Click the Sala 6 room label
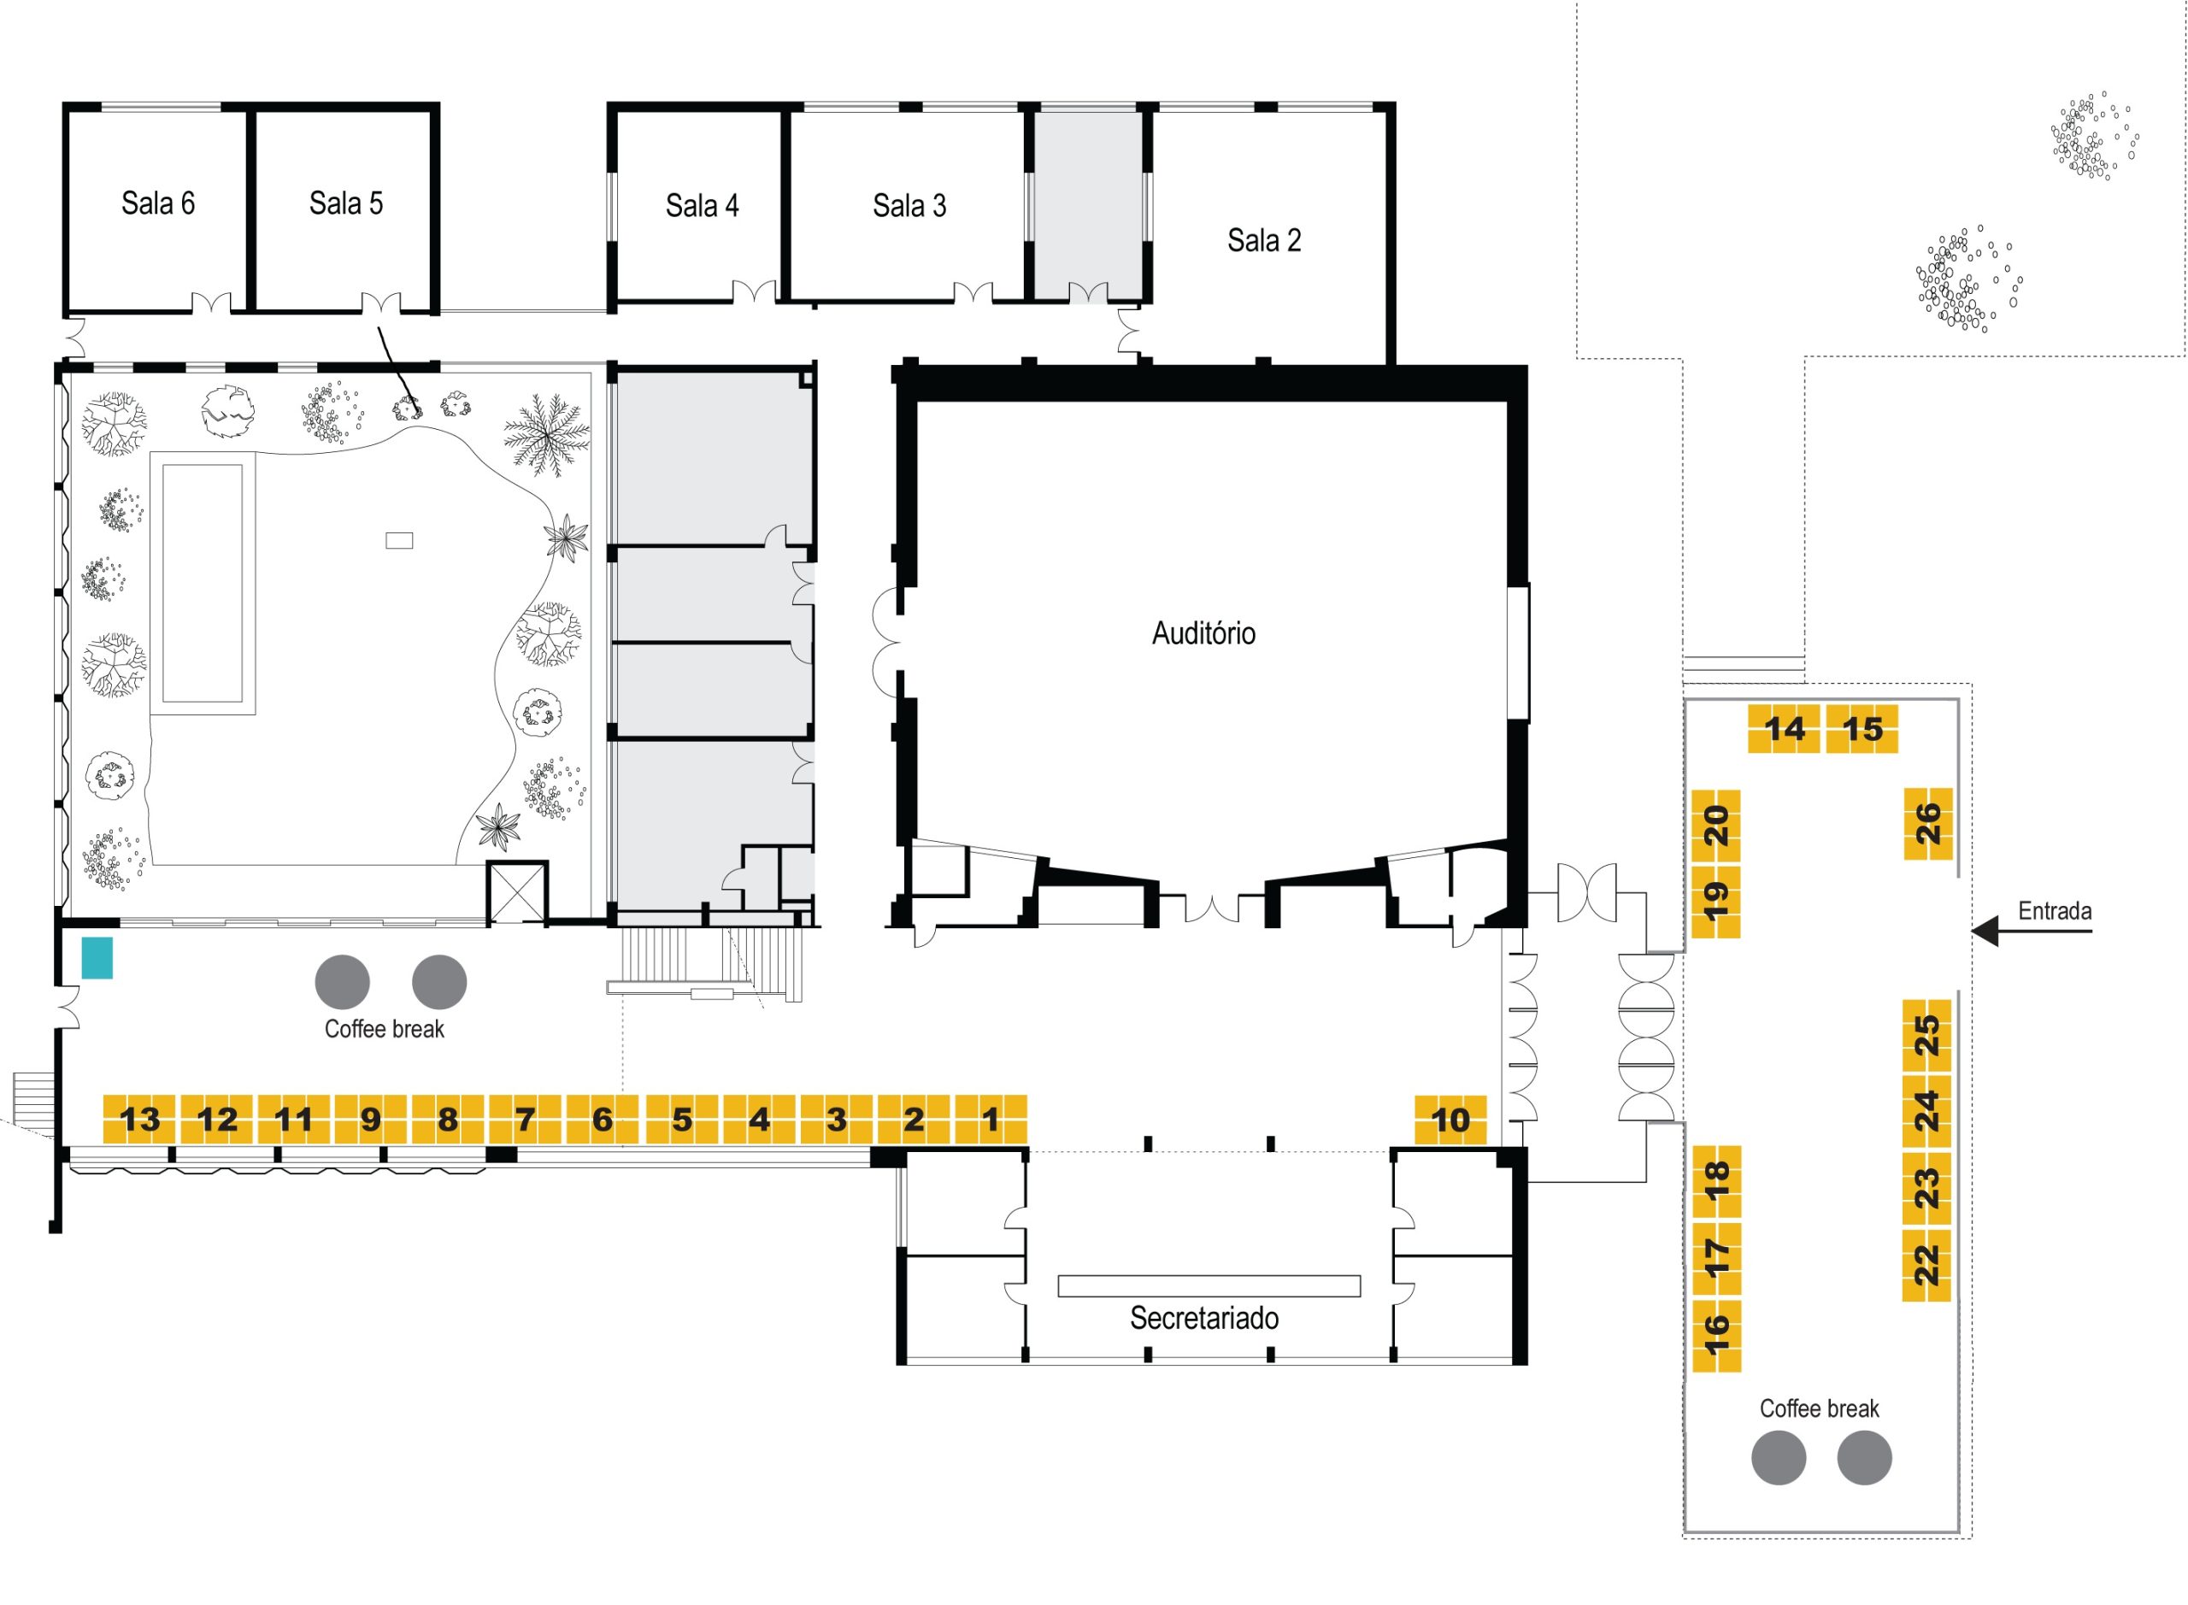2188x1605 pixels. click(x=157, y=203)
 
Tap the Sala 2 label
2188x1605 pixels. click(x=1263, y=240)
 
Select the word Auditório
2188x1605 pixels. click(x=1203, y=633)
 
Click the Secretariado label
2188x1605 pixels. click(x=1203, y=1319)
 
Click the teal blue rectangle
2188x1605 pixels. click(x=97, y=958)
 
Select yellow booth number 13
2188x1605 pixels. click(x=139, y=1120)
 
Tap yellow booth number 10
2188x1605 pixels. click(x=1450, y=1120)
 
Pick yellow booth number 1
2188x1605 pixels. click(x=990, y=1120)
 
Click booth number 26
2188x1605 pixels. click(x=1927, y=823)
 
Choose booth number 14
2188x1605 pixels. click(x=1783, y=729)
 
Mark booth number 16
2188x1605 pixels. click(x=1716, y=1335)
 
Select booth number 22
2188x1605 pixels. click(x=1926, y=1264)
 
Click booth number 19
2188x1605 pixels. click(x=1716, y=901)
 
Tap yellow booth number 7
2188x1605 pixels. click(x=525, y=1120)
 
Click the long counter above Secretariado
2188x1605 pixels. click(x=1208, y=1285)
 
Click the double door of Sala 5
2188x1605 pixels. click(x=381, y=303)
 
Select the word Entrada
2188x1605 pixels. click(x=2054, y=911)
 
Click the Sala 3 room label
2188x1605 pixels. click(x=909, y=206)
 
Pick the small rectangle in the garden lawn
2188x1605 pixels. click(x=399, y=540)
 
